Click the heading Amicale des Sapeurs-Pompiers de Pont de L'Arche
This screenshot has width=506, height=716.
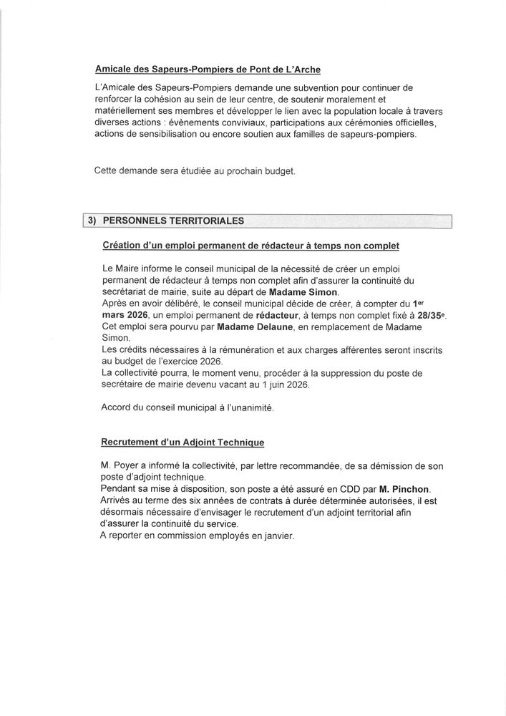[208, 69]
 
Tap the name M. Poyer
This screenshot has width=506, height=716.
[120, 466]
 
